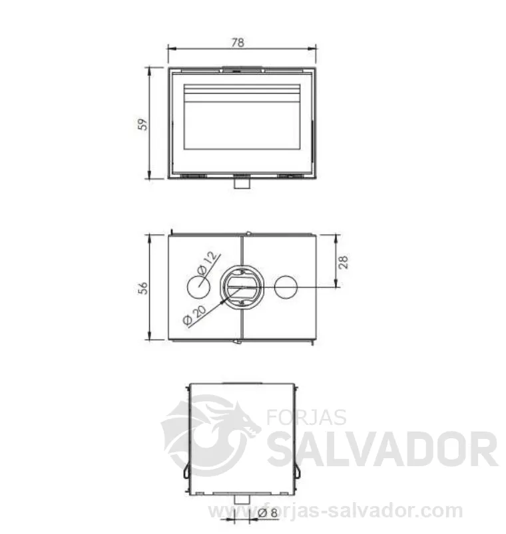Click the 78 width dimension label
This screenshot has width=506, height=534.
(238, 43)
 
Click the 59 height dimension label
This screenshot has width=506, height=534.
(144, 124)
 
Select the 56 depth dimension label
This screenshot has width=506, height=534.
(144, 288)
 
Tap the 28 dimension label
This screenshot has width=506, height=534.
(344, 262)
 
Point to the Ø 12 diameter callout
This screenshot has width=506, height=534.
(207, 263)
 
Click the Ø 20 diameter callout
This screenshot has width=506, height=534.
(194, 315)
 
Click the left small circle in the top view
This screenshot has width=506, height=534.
(199, 287)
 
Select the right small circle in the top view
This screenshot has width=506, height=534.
(286, 287)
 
